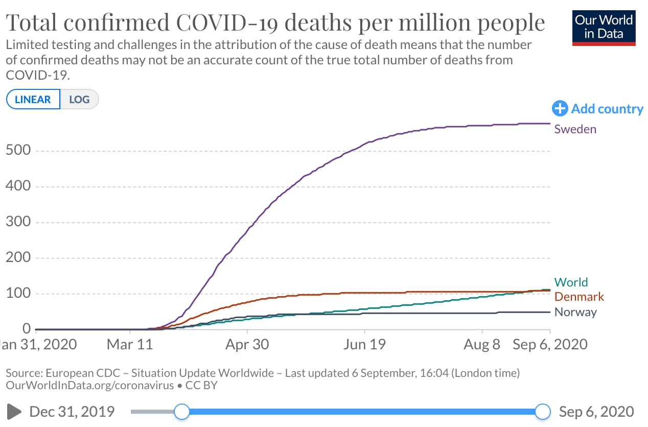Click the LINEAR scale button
[x=33, y=99]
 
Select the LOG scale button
[x=79, y=99]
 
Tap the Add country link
[x=598, y=109]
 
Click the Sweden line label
[x=575, y=129]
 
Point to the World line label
[x=571, y=282]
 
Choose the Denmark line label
[x=579, y=297]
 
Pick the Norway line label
[x=575, y=312]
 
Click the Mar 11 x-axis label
[x=130, y=344]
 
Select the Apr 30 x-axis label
[x=247, y=344]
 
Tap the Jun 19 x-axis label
[x=363, y=344]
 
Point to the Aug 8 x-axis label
[x=481, y=344]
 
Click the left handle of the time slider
[x=181, y=411]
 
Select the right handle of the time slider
[x=543, y=411]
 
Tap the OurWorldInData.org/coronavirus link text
[x=90, y=385]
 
